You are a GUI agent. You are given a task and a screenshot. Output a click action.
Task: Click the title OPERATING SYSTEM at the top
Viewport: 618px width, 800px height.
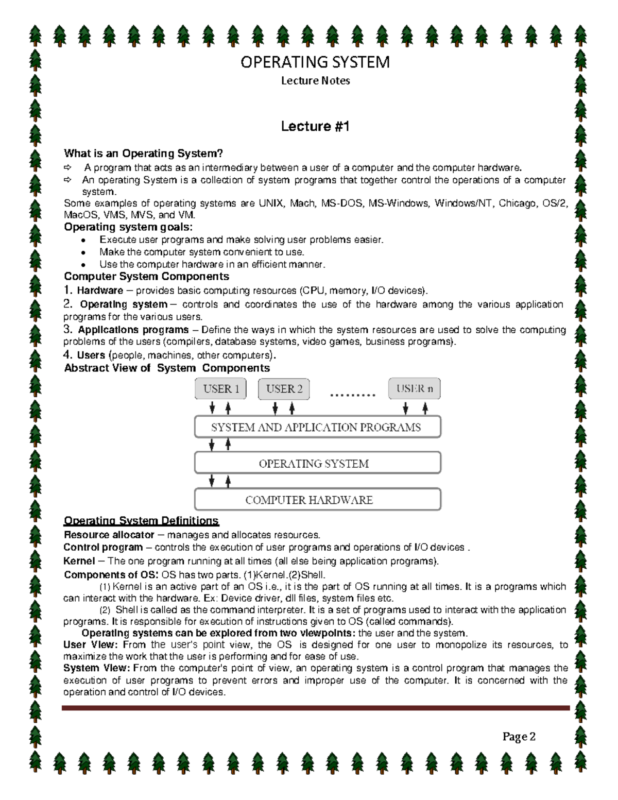[x=315, y=62]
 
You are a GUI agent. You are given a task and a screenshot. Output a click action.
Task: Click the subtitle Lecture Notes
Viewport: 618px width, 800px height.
[x=315, y=81]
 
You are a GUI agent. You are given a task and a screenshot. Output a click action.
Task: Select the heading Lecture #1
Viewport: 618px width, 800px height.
[x=315, y=126]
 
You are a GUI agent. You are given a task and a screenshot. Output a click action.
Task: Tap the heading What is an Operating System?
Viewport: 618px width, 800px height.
[x=143, y=154]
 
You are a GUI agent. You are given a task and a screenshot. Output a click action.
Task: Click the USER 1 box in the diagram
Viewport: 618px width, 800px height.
[x=221, y=389]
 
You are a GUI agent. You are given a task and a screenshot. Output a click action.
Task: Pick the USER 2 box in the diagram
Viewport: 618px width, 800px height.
[x=284, y=389]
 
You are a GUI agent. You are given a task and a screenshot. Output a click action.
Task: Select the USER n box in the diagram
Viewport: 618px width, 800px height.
[x=415, y=389]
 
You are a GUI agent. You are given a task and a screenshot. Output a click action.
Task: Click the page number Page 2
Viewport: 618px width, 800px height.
[x=519, y=737]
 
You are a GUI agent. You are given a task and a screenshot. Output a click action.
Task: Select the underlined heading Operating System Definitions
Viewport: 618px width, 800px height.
[x=141, y=521]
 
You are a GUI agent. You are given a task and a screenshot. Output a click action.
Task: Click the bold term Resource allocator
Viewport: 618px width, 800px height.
[x=109, y=535]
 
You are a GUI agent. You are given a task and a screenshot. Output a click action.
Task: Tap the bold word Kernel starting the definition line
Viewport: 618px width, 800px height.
[x=79, y=561]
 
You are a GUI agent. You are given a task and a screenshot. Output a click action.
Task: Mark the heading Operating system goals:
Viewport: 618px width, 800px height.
[x=128, y=227]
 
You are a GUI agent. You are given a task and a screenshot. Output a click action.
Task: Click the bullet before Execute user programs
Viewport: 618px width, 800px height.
[x=84, y=241]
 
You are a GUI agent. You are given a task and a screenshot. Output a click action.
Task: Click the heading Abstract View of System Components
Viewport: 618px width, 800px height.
[x=167, y=368]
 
